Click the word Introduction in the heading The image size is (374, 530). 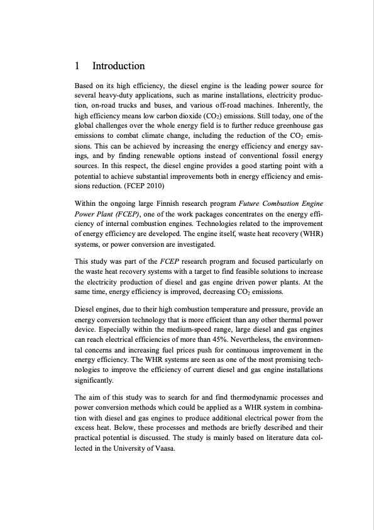pyautogui.click(x=118, y=66)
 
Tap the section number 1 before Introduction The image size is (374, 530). pyautogui.click(x=77, y=66)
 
